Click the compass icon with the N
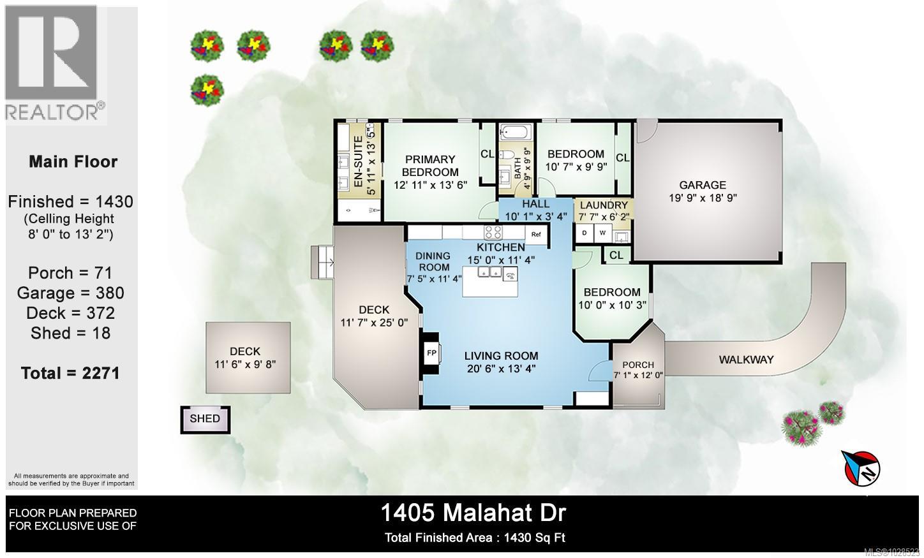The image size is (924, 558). [x=862, y=467]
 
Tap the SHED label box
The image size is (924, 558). [x=205, y=419]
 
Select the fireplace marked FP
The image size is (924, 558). [x=431, y=353]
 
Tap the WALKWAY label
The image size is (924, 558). [x=746, y=360]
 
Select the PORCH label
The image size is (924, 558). [x=638, y=365]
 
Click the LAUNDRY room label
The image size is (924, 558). [x=603, y=205]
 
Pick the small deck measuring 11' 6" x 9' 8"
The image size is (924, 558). [x=248, y=357]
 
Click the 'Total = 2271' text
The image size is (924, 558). [x=70, y=373]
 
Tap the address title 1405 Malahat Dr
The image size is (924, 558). [x=473, y=512]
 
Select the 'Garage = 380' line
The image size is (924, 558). [x=70, y=293]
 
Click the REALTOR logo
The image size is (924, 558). [x=56, y=63]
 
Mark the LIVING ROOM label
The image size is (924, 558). [x=501, y=356]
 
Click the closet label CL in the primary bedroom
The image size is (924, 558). [x=487, y=154]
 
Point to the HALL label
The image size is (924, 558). [x=535, y=204]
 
